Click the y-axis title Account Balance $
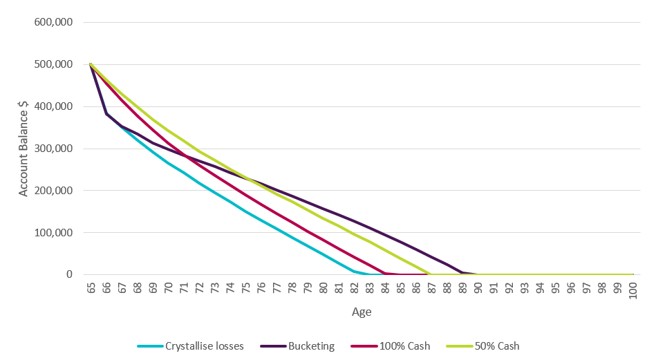tap(24, 149)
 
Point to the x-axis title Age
tap(362, 312)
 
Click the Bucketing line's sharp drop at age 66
tap(106, 113)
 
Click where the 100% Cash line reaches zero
tap(401, 274)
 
